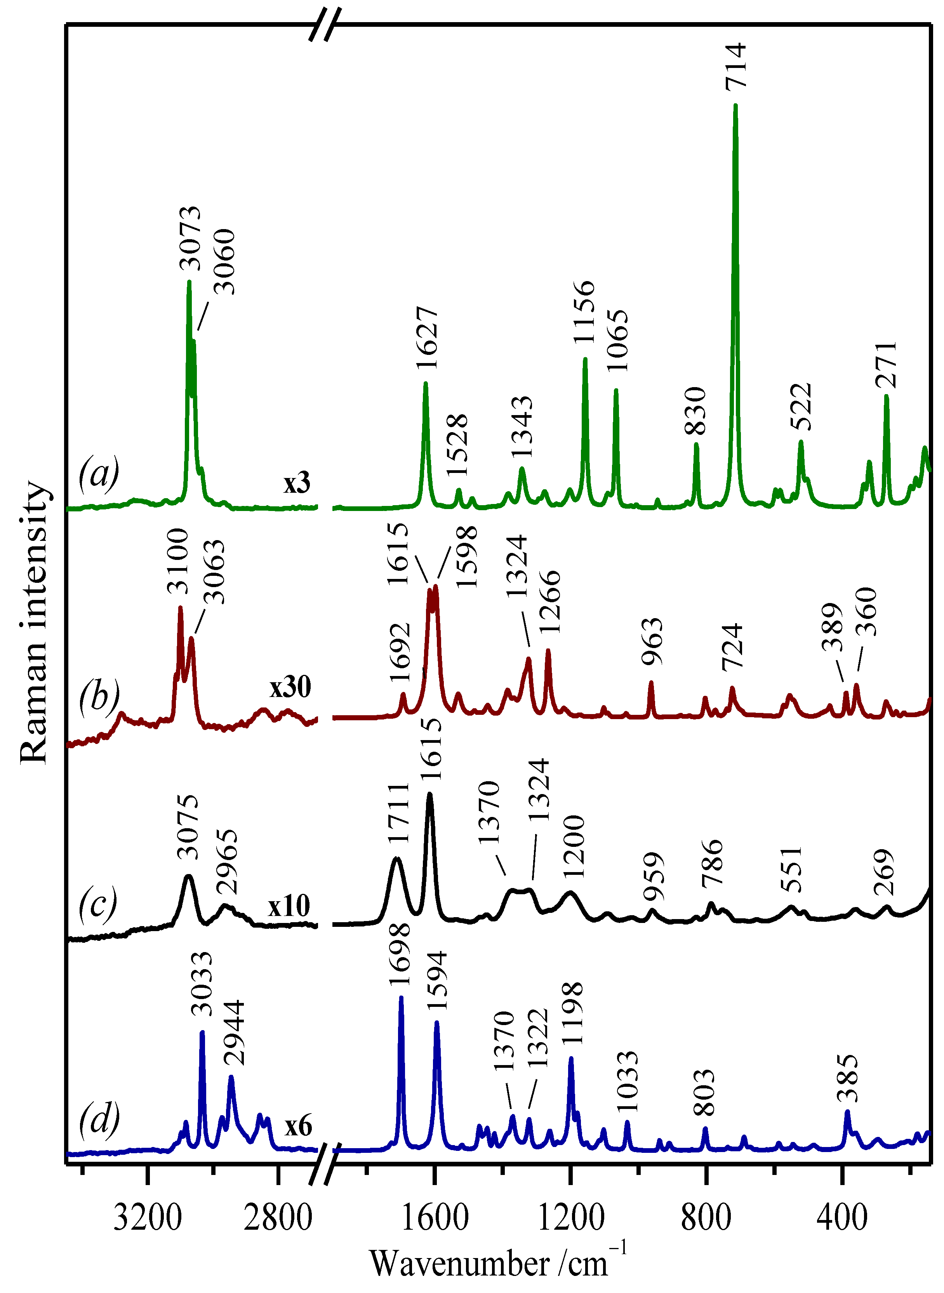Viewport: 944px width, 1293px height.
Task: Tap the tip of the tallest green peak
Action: (735, 106)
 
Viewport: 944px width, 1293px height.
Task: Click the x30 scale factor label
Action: (291, 687)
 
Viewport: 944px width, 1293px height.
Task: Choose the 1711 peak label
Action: (398, 812)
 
